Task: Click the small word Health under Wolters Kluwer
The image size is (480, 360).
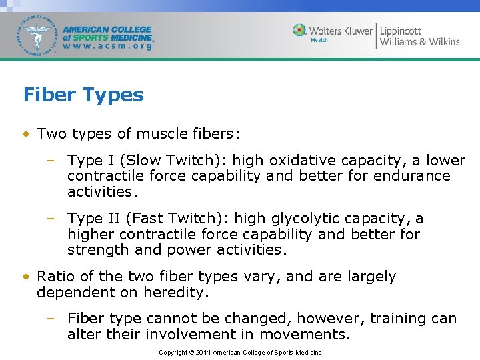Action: [319, 41]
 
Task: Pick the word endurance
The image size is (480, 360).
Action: [413, 176]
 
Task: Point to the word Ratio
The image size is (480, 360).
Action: [55, 277]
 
